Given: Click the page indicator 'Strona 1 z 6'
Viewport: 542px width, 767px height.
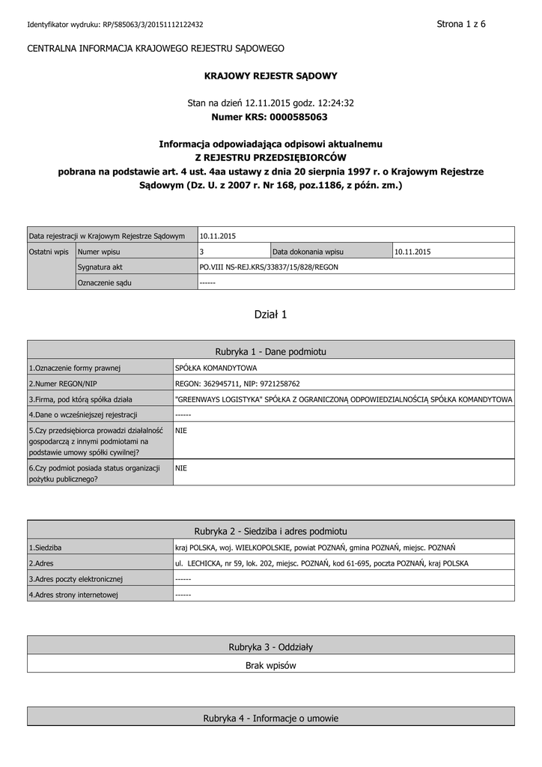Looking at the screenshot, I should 461,24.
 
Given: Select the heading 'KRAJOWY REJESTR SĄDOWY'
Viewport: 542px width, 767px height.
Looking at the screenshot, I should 271,76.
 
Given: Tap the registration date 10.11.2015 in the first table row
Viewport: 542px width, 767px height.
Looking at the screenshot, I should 218,236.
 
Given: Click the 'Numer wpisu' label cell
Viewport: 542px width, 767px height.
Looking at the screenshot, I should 100,252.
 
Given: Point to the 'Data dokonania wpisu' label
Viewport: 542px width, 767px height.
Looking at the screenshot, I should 308,252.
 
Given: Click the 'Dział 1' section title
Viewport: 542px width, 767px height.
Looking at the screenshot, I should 271,315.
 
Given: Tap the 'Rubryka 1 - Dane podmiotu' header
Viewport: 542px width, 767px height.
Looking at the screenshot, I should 271,351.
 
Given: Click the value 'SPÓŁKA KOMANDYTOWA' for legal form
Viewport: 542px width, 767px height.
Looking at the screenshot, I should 216,368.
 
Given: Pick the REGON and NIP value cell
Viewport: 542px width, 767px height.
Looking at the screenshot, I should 237,383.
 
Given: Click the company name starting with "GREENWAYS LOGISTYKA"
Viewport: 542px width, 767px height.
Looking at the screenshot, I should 343,399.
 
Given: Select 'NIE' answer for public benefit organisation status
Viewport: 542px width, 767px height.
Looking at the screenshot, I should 181,468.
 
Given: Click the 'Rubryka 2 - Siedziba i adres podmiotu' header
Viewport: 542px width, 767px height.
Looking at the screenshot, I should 271,530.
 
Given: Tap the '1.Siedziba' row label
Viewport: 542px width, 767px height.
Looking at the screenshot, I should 46,548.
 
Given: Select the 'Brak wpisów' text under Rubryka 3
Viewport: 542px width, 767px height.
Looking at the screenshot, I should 271,664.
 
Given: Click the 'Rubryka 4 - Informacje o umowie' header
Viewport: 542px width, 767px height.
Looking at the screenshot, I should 271,718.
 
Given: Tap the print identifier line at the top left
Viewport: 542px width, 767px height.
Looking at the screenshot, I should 115,25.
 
